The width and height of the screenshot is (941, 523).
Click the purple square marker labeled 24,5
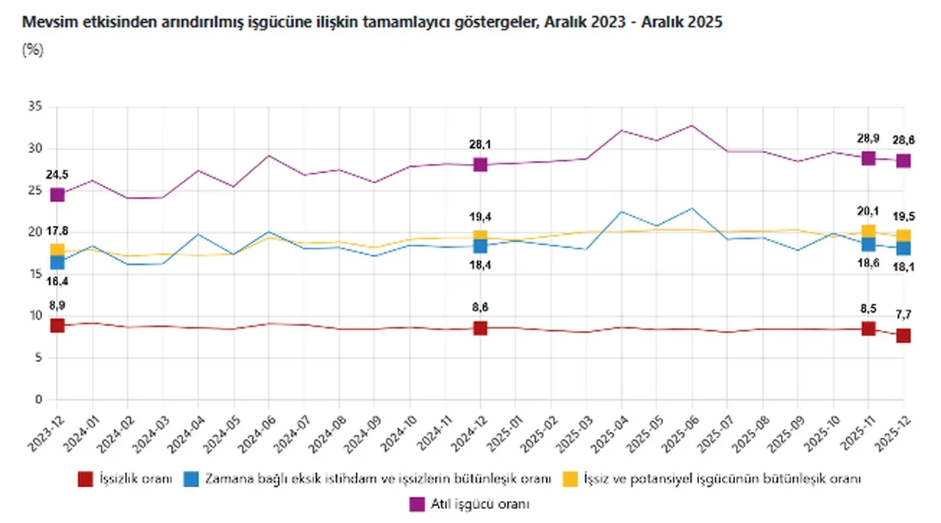[57, 195]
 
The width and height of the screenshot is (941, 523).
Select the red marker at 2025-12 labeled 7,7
[904, 335]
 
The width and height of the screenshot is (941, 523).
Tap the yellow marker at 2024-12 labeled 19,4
[480, 238]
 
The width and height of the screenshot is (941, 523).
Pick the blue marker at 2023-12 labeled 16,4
[57, 262]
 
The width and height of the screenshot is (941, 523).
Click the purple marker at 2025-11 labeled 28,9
[868, 158]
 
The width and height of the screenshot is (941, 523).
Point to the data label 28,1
[480, 144]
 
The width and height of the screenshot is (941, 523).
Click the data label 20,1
[868, 212]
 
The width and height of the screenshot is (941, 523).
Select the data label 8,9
[57, 305]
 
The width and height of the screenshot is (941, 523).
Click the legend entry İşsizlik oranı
[135, 479]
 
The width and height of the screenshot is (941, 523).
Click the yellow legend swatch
[568, 479]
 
